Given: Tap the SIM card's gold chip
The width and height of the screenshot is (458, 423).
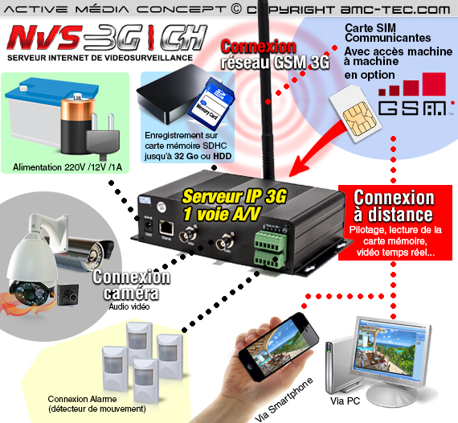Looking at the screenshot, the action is pyautogui.click(x=359, y=120).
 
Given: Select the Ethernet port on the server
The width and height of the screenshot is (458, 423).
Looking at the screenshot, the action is pyautogui.click(x=166, y=228).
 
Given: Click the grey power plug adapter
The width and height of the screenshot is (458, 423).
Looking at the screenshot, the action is pyautogui.click(x=103, y=137).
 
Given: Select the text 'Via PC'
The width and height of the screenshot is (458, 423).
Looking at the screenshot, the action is pyautogui.click(x=345, y=400).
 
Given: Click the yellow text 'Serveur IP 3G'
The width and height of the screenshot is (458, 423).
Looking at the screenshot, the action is pyautogui.click(x=235, y=196).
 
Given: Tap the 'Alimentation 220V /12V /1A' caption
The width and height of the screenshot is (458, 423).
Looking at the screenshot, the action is pyautogui.click(x=67, y=167).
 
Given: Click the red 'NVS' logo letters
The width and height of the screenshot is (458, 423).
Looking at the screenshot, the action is pyautogui.click(x=44, y=38).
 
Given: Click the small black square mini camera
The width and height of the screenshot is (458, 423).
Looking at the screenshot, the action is pyautogui.click(x=67, y=295).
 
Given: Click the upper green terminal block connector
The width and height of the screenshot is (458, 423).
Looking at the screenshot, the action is pyautogui.click(x=270, y=240).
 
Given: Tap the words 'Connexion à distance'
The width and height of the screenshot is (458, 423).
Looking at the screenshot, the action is pyautogui.click(x=394, y=207).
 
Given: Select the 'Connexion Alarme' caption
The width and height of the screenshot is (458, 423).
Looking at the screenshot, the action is pyautogui.click(x=82, y=399).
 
